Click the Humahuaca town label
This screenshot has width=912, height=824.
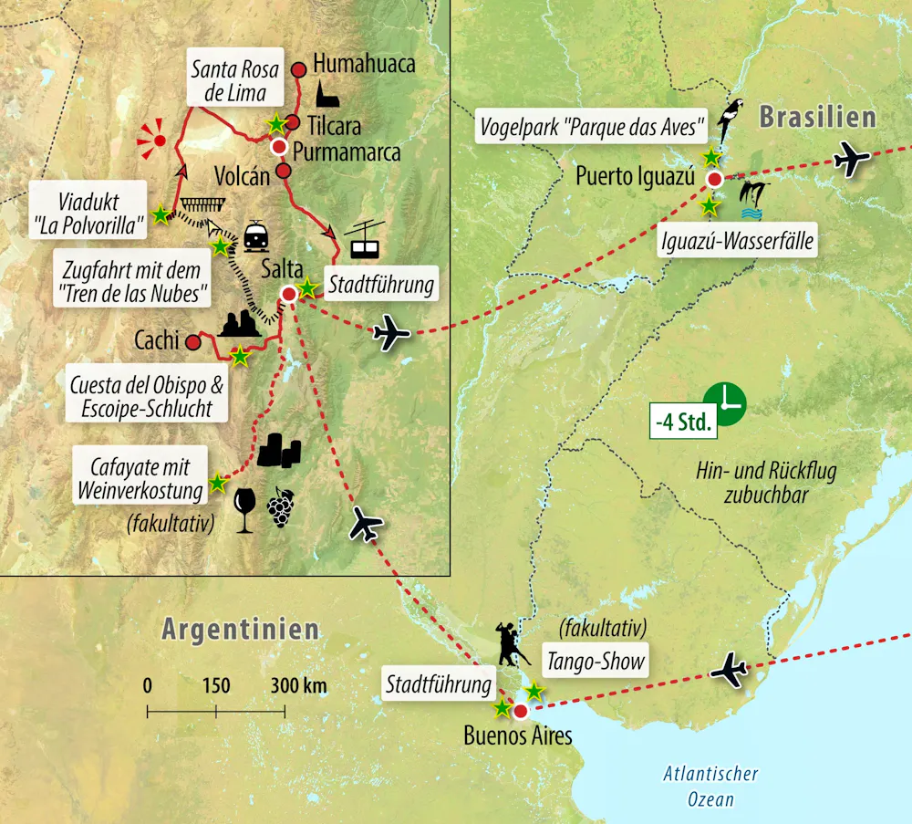364,64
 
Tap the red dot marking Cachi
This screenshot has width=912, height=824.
192,343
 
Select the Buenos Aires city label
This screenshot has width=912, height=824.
517,735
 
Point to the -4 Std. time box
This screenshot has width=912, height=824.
683,423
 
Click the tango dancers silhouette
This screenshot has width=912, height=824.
509,642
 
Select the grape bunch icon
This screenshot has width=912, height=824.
280,506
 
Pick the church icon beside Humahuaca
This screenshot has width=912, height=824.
326,92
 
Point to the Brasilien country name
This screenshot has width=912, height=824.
817,116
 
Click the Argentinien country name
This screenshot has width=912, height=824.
241,629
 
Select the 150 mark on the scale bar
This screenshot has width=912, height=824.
215,686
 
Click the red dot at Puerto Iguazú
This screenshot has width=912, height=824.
716,179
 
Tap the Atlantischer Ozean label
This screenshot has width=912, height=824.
710,786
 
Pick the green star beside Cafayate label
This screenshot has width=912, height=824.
217,483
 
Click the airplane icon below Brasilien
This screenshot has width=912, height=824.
853,159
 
